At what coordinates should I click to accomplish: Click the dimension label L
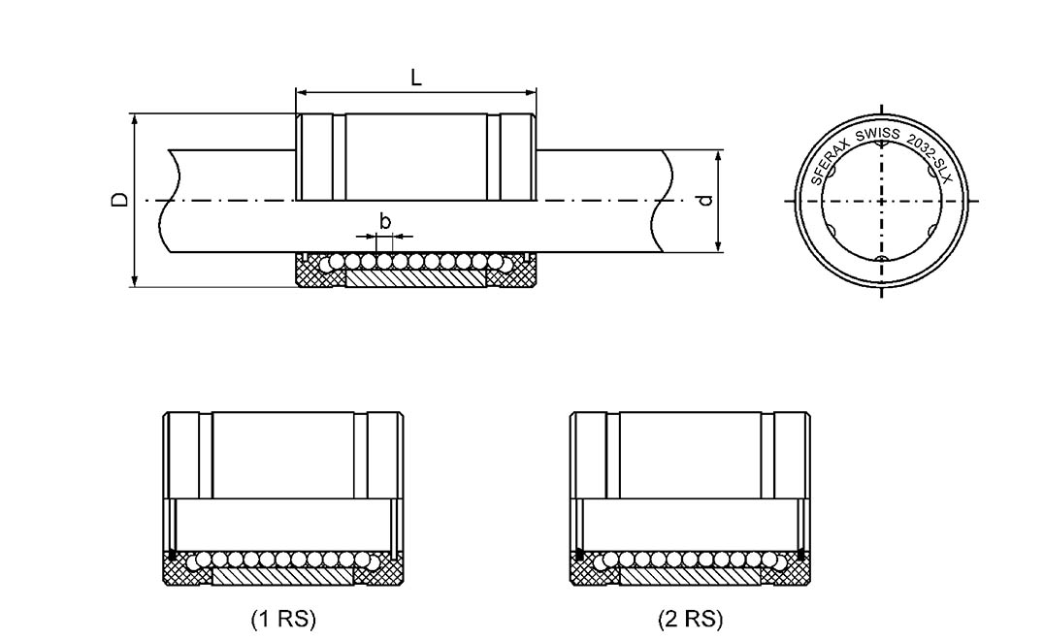coord(415,79)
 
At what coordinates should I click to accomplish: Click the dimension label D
coord(118,200)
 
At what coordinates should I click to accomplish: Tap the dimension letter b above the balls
coord(385,222)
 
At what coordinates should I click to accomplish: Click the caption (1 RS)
coord(283,619)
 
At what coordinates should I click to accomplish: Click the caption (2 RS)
coord(690,619)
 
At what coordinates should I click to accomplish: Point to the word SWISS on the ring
coord(877,133)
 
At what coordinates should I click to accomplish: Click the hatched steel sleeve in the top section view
coord(415,279)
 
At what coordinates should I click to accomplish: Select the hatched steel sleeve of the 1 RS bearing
coord(281,576)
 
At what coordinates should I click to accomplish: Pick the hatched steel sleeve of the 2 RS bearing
coord(690,576)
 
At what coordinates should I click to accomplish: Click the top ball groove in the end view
coord(881,145)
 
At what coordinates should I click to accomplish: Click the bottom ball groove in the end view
coord(881,258)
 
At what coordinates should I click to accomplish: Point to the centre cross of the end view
coord(881,202)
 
